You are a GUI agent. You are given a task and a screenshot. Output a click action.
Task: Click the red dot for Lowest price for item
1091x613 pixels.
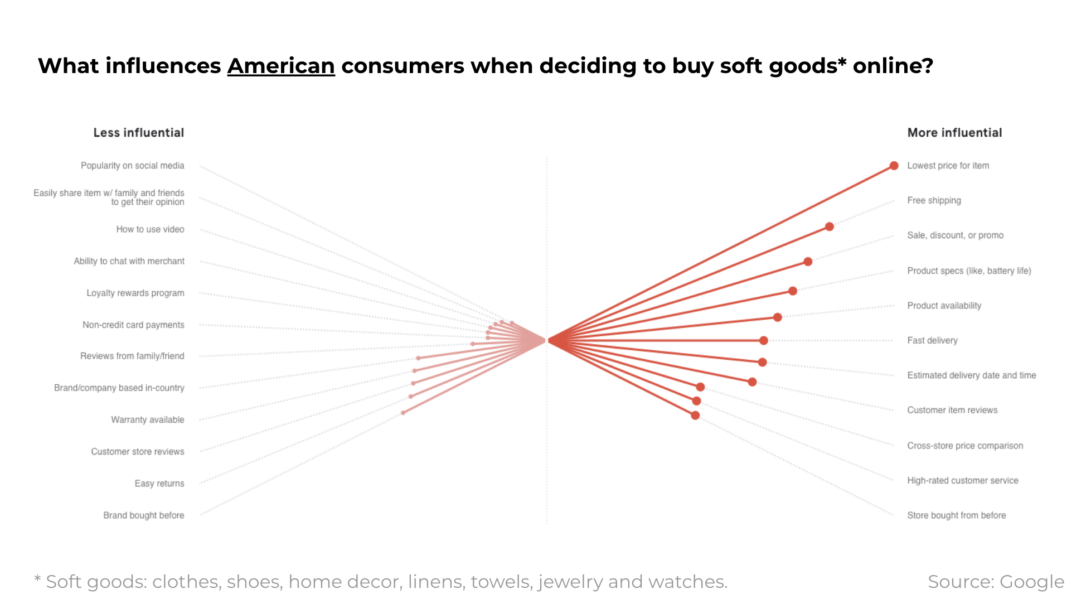pos(894,166)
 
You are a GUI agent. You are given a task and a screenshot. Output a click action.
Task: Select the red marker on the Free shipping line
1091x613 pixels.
pos(829,226)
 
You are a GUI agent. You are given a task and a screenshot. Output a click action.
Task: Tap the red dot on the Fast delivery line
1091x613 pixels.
pos(763,340)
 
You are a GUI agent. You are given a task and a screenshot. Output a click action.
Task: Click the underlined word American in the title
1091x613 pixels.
pos(281,66)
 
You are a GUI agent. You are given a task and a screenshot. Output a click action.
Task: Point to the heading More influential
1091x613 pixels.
pos(954,133)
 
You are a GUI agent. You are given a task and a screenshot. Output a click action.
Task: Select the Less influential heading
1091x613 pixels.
pos(138,133)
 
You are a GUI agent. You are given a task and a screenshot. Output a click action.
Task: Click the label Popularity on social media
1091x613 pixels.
pos(132,166)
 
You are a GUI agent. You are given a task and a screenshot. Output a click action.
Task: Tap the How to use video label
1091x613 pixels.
pos(150,229)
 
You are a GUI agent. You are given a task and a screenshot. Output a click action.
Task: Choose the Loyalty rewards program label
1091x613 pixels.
pos(135,293)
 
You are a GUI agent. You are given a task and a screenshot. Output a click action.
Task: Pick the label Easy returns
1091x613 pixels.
pos(159,484)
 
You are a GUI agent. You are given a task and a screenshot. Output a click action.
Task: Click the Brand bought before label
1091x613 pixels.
pos(143,515)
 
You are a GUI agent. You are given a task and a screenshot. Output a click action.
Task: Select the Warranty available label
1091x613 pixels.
pos(147,419)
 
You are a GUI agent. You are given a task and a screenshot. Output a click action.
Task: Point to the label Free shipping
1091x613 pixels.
pos(934,200)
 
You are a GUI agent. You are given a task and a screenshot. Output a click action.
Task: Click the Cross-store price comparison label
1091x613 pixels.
pos(965,446)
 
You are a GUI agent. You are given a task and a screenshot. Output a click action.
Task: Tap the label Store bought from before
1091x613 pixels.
pos(956,515)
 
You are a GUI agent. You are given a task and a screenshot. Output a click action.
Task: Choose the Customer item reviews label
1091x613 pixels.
pos(952,410)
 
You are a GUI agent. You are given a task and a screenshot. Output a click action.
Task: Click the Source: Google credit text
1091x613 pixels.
pos(996,582)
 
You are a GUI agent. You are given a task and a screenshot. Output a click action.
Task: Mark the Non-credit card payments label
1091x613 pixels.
pos(133,325)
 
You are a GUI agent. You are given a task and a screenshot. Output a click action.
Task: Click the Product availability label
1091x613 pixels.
pos(944,306)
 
